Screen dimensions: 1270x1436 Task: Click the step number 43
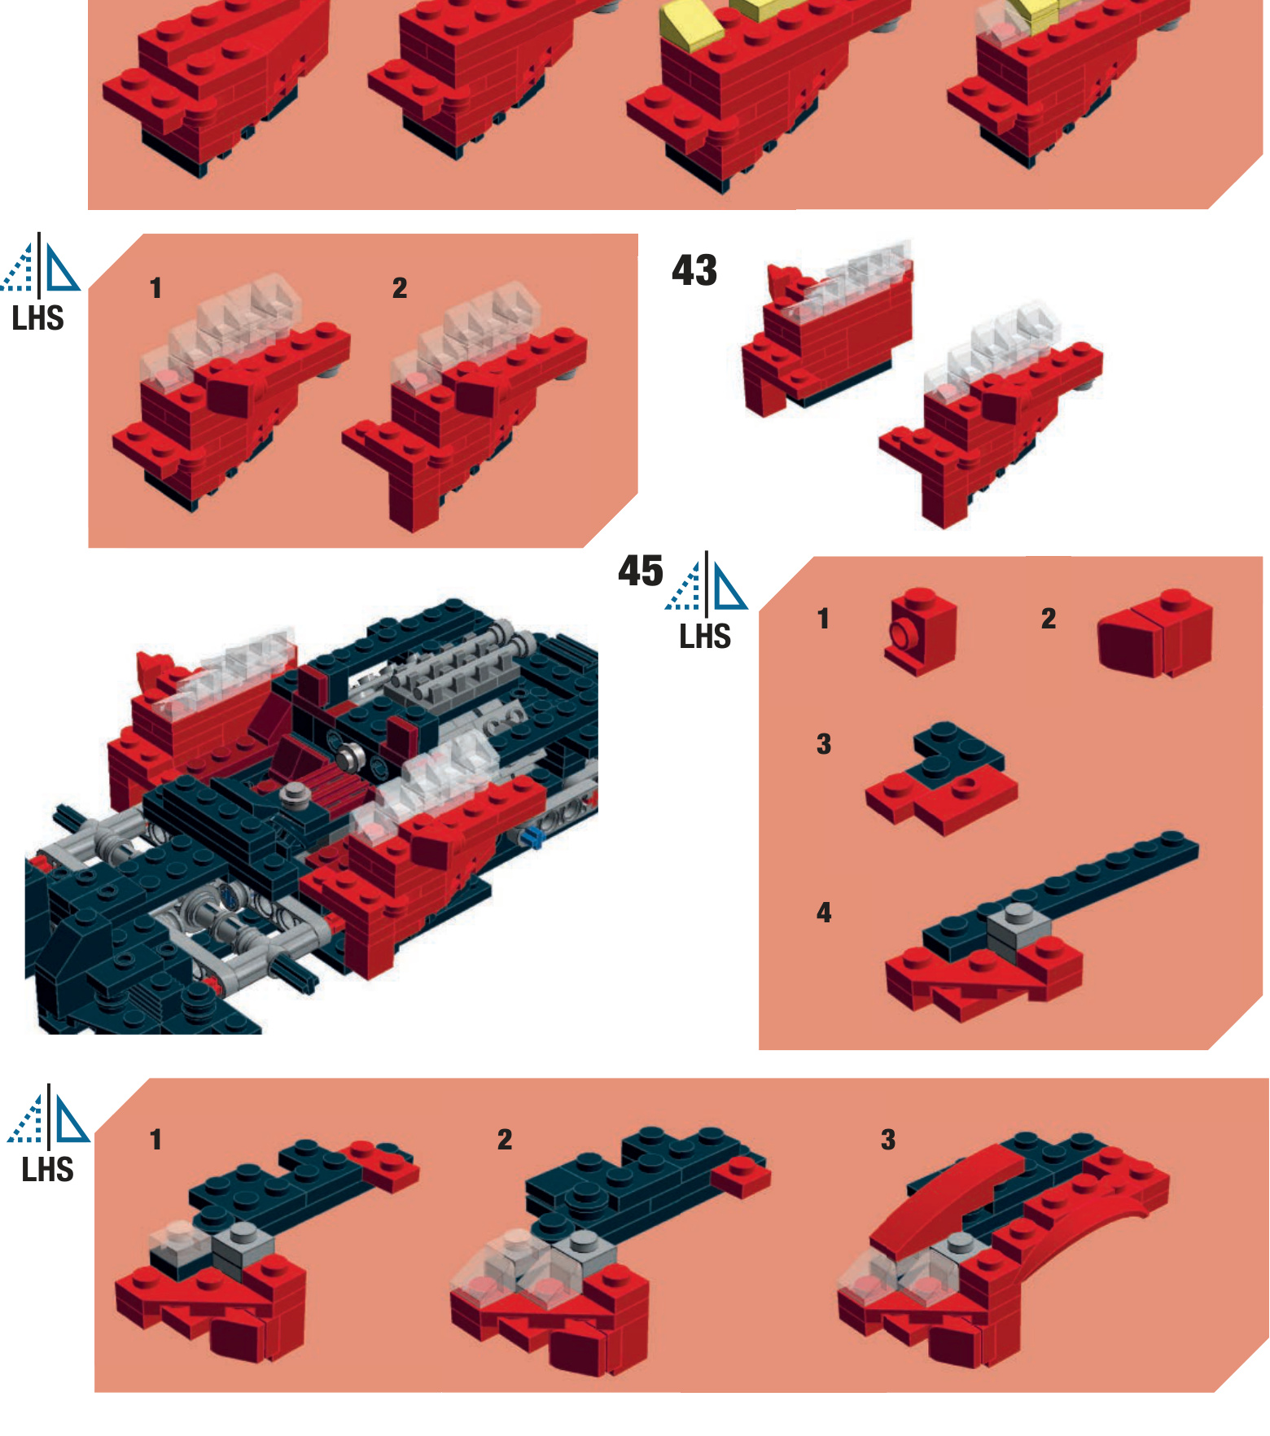[x=694, y=270]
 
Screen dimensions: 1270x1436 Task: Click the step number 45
[x=641, y=571]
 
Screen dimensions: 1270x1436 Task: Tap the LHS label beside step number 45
[x=705, y=637]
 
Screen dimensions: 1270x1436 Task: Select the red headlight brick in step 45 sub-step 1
[x=920, y=631]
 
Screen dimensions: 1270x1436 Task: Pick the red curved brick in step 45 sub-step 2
[x=1154, y=634]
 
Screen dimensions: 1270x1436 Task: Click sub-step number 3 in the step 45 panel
[x=824, y=744]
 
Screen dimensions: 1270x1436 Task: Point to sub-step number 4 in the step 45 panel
[x=824, y=913]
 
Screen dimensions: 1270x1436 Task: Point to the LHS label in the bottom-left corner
[x=47, y=1170]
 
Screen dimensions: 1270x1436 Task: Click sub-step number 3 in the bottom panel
[x=888, y=1140]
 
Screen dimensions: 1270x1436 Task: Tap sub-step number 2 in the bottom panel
[x=505, y=1140]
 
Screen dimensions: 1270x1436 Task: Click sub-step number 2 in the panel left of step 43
[x=400, y=288]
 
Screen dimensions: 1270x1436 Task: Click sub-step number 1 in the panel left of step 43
[x=155, y=288]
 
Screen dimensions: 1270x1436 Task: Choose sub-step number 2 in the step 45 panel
[x=1049, y=619]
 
